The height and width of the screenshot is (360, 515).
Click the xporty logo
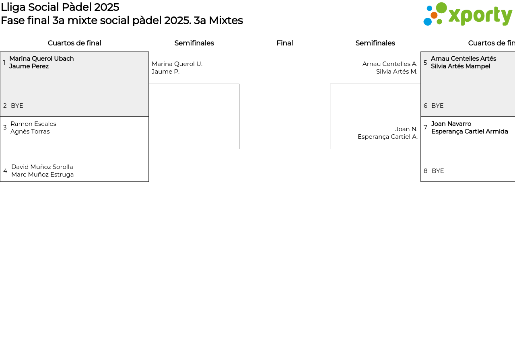click(x=468, y=14)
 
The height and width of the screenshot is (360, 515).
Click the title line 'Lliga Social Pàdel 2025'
click(x=60, y=7)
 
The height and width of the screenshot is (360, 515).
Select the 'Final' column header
click(x=284, y=43)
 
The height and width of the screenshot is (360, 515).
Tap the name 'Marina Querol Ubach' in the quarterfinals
click(x=41, y=59)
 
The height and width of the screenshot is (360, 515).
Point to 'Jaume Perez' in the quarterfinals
click(x=29, y=66)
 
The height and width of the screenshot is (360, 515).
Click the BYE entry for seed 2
click(x=17, y=106)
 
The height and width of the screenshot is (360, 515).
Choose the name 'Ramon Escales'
click(x=33, y=124)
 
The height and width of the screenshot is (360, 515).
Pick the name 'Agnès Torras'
click(x=30, y=132)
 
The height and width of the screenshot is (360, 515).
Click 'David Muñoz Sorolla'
click(x=42, y=167)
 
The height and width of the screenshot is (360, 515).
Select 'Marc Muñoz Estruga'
click(x=43, y=175)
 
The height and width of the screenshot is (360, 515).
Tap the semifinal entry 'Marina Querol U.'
click(x=177, y=64)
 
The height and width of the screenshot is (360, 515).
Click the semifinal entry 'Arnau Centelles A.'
click(x=390, y=64)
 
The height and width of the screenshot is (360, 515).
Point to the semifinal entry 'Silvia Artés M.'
click(x=397, y=72)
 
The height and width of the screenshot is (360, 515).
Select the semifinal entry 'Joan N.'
click(x=406, y=129)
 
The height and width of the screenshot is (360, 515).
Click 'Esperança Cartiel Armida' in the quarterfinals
click(x=470, y=132)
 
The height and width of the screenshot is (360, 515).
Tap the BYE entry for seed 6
click(x=437, y=106)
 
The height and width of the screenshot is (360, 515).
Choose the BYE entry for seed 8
click(x=438, y=171)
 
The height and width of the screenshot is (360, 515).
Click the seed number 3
click(x=5, y=128)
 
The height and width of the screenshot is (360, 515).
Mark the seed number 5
click(x=425, y=63)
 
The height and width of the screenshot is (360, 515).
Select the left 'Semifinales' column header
click(x=194, y=43)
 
